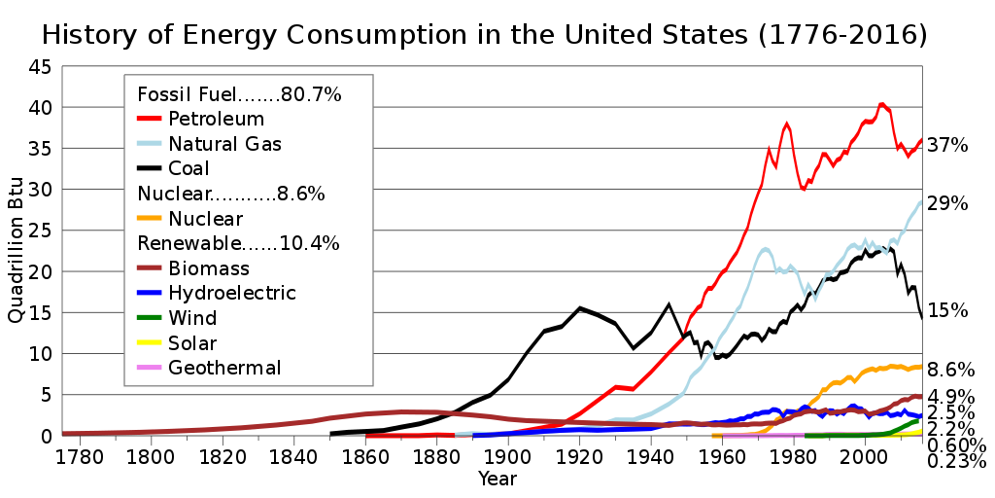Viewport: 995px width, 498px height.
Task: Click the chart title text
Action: point(484,35)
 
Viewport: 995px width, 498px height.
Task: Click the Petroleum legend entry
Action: point(216,120)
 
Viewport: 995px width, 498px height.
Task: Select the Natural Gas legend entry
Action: point(224,145)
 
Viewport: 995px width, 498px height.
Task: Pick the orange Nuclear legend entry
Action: point(205,219)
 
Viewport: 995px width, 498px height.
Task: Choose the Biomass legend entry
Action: point(208,268)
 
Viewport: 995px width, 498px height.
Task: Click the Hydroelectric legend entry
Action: point(231,293)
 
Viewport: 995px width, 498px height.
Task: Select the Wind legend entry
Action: point(191,318)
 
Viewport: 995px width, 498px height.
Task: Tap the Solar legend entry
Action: point(192,343)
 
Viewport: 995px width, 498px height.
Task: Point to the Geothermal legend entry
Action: point(224,368)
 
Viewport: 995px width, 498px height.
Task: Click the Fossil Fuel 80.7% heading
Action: point(239,95)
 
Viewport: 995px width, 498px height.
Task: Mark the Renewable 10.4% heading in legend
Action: point(239,243)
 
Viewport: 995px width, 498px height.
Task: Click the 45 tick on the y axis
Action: point(40,68)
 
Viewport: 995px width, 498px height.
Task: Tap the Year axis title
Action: point(497,479)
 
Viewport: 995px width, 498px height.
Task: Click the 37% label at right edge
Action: point(947,146)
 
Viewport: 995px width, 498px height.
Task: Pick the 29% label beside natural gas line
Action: point(947,204)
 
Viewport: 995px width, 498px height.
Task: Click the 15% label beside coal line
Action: point(947,311)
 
